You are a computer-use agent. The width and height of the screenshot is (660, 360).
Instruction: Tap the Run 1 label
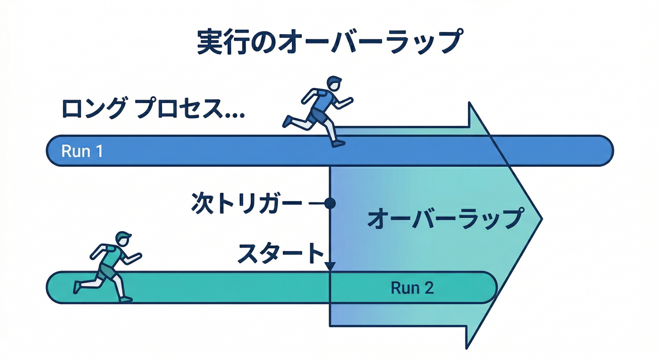pos(82,151)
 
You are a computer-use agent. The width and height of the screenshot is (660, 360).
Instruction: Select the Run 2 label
pos(412,288)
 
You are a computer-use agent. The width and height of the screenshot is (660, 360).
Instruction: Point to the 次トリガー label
pos(247,204)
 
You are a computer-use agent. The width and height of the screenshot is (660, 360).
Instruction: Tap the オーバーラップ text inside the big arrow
pos(444,219)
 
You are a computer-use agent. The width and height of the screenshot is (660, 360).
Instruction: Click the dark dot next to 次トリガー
pos(330,203)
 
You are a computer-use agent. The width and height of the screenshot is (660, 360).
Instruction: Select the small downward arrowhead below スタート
pos(330,267)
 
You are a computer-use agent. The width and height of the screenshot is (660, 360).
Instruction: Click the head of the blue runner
pos(334,84)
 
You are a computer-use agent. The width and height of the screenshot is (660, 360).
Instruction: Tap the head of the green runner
pos(123,239)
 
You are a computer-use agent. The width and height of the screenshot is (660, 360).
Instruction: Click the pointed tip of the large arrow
pos(541,218)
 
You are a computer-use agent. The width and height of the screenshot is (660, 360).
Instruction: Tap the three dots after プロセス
pos(234,115)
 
